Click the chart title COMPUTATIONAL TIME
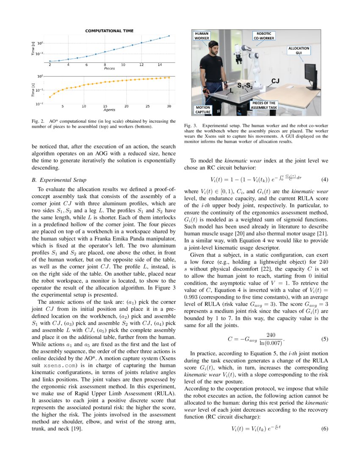[109, 31]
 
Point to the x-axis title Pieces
[109, 68]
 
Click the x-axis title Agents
[109, 110]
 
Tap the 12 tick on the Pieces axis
[141, 65]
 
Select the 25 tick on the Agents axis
[148, 106]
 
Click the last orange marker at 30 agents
[169, 78]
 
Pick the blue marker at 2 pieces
[50, 61]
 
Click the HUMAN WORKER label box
[202, 35]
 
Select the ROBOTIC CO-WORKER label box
[263, 35]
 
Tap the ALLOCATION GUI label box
[299, 50]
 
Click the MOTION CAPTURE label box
[202, 110]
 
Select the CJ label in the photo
[274, 80]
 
